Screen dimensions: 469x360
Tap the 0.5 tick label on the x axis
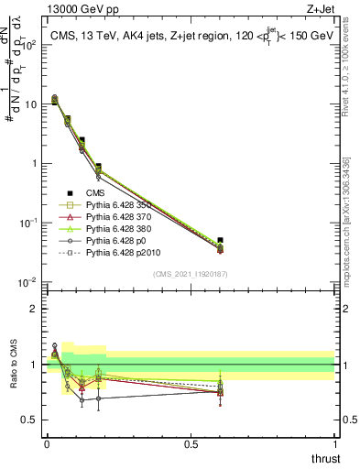tap(191, 443)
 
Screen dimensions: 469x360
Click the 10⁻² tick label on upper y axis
tap(27, 281)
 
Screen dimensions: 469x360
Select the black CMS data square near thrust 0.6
tap(219, 240)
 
